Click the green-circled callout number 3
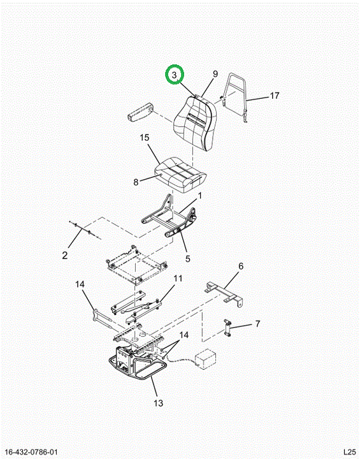coord(175,75)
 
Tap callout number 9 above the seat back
coord(215,74)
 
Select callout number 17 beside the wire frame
coord(274,96)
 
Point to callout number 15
coord(145,137)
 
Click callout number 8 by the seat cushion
coord(136,182)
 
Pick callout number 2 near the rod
coord(65,255)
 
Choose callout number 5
coord(187,258)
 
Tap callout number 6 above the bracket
coord(241,266)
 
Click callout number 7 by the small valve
coord(257,324)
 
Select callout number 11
coord(178,278)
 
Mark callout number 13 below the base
coord(159,403)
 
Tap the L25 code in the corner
coord(349,452)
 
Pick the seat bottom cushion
coord(180,174)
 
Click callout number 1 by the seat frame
coord(200,195)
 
